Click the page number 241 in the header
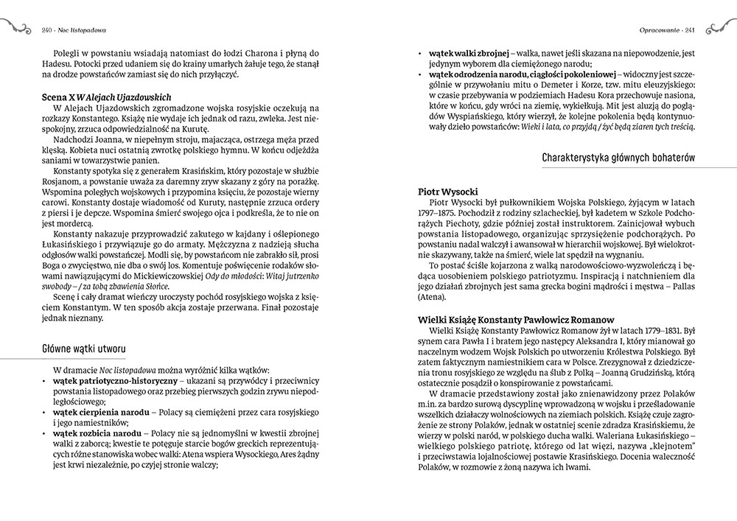click(691, 30)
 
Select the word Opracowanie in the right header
click(657, 30)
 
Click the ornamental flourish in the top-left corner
click(16, 29)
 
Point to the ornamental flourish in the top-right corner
click(720, 29)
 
